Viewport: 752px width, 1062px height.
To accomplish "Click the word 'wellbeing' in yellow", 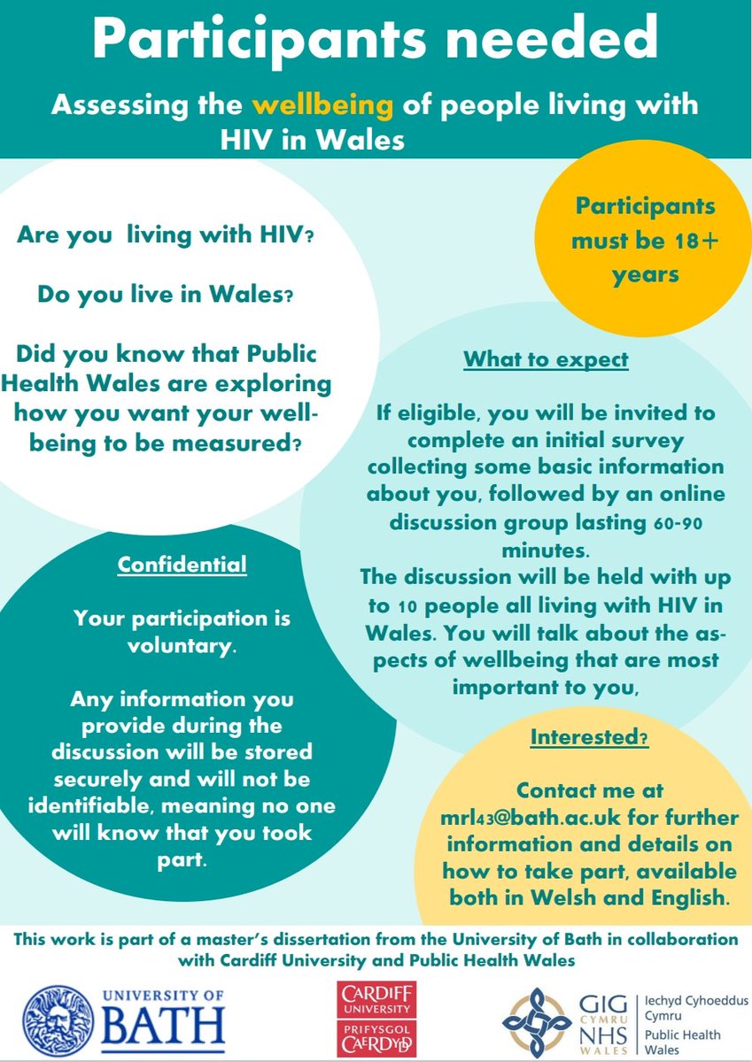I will click(322, 106).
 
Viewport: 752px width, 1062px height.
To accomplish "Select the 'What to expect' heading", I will click(546, 360).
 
